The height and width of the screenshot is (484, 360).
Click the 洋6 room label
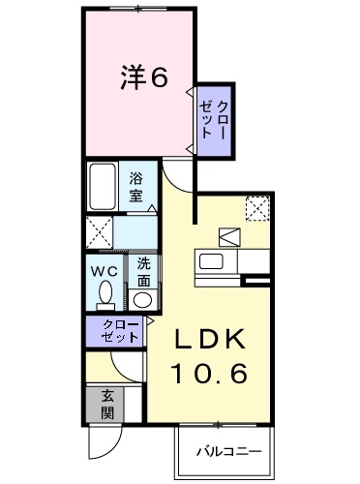(143, 77)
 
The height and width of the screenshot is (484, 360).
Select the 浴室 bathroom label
(137, 187)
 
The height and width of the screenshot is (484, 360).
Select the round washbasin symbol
(142, 299)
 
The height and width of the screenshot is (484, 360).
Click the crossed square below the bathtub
(98, 232)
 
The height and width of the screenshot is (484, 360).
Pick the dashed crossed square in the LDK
(256, 208)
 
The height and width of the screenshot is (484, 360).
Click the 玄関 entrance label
(105, 406)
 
